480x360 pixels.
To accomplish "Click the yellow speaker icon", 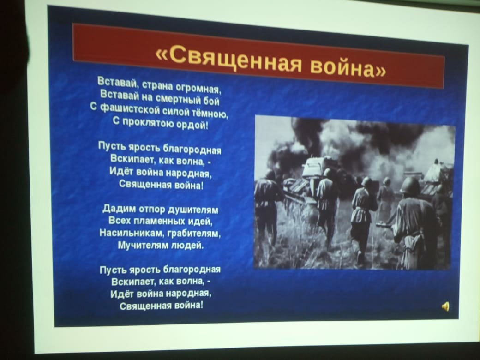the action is (x=446, y=306).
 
